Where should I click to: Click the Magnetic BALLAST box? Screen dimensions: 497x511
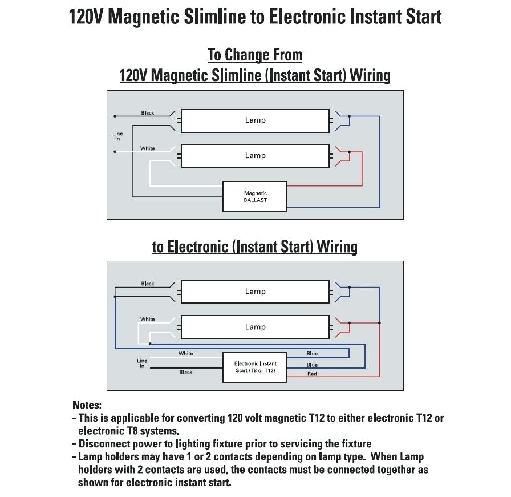255,197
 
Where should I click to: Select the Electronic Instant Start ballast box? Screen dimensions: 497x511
255,367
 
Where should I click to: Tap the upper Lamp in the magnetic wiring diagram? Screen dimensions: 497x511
255,120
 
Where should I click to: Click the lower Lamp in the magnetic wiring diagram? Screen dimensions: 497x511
255,156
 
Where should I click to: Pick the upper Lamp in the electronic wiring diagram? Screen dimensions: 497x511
255,292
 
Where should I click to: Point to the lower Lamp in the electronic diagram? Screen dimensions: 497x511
255,327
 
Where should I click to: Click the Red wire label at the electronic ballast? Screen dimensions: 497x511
312,374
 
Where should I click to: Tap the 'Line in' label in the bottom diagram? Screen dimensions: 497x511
142,363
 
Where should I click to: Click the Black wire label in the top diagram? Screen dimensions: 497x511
148,113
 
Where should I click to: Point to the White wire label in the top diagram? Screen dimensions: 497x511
148,148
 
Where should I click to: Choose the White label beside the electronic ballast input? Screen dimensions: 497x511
186,354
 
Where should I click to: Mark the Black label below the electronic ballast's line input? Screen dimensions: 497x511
186,372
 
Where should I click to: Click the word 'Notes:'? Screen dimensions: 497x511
87,405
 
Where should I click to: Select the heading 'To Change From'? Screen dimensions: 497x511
255,55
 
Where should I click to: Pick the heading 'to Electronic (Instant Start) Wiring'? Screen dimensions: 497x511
255,247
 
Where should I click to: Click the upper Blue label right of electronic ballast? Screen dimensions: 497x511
312,354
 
